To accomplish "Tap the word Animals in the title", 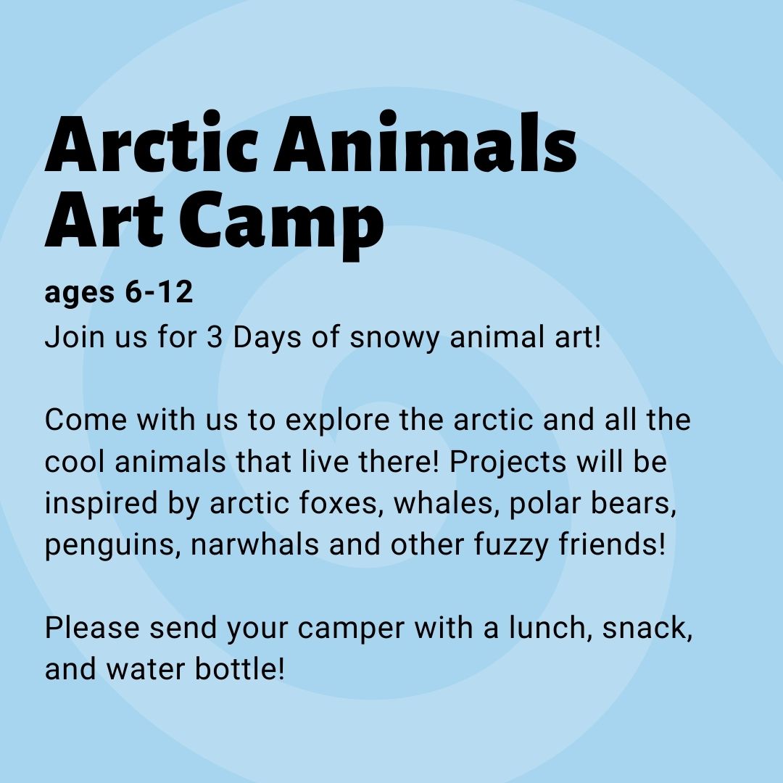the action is tap(426, 142).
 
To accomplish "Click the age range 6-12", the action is tap(159, 291).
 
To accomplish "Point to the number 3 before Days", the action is tap(214, 337).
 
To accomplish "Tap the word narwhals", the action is tap(254, 544).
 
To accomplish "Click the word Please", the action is tap(92, 628).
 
